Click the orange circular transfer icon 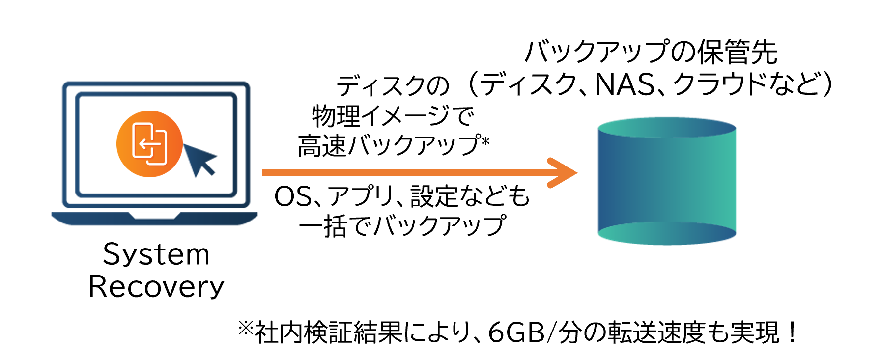[149, 143]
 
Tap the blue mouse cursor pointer [199, 158]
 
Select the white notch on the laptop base [154, 215]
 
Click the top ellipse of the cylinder [667, 127]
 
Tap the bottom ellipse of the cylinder [667, 233]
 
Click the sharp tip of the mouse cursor [184, 144]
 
